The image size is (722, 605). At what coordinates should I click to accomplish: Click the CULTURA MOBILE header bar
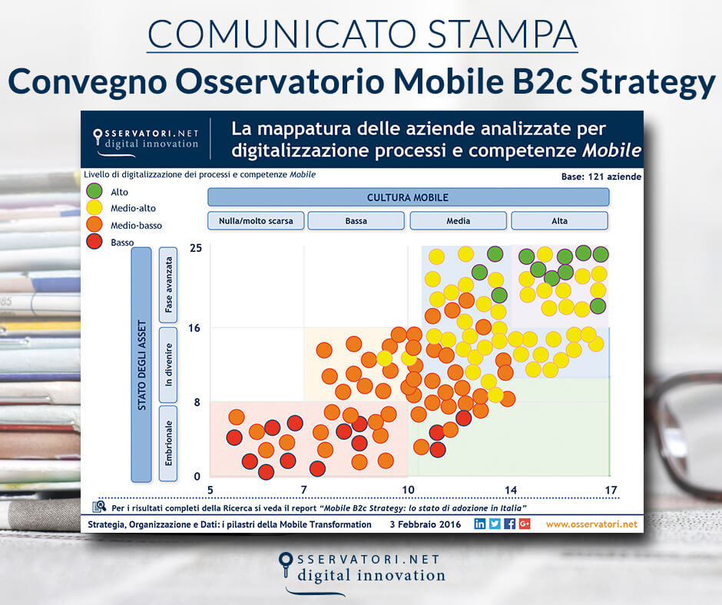[x=408, y=197]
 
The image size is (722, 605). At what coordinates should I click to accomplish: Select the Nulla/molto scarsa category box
[x=256, y=221]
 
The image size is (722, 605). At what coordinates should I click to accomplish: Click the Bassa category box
[x=356, y=221]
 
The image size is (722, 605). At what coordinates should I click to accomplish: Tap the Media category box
[x=458, y=221]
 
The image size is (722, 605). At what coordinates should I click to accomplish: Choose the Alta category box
[x=559, y=221]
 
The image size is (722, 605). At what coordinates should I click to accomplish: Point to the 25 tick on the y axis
[x=195, y=249]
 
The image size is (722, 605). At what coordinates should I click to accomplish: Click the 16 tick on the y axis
[x=195, y=328]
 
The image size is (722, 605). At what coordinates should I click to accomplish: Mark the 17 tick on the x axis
[x=611, y=491]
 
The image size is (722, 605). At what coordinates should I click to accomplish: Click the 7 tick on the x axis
[x=303, y=491]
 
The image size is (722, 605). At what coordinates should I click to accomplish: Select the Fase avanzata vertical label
[x=168, y=284]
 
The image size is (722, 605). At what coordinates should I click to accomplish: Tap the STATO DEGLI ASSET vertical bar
[x=141, y=364]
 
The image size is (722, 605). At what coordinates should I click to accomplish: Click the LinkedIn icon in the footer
[x=480, y=524]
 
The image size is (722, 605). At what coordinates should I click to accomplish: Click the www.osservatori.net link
[x=591, y=524]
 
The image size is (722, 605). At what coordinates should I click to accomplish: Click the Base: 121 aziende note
[x=601, y=177]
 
